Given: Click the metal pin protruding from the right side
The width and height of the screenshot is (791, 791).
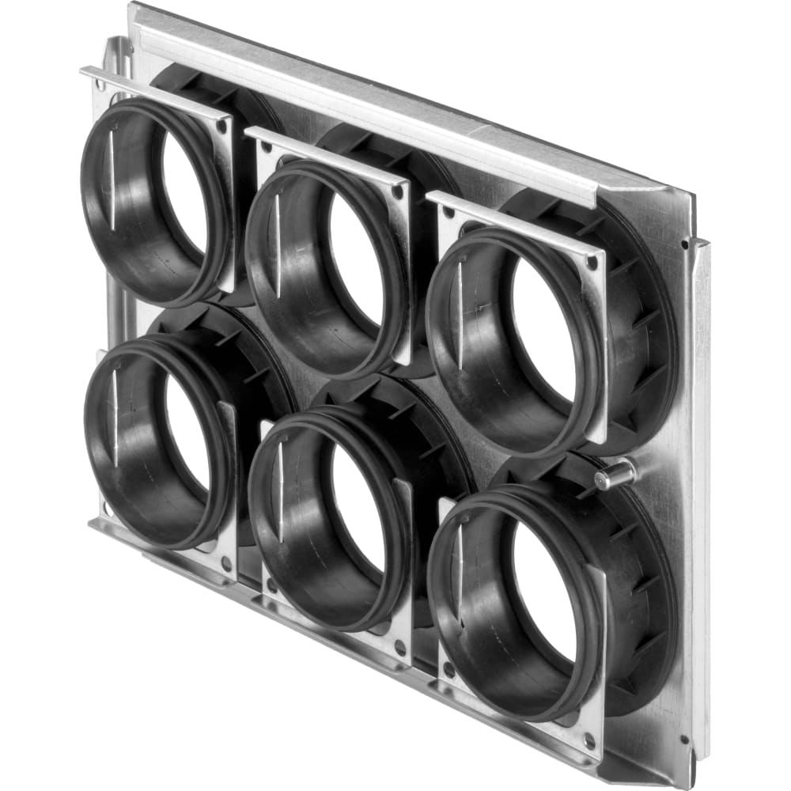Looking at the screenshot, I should (x=615, y=475).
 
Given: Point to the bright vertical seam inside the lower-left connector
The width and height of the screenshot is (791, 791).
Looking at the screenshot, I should (x=115, y=415).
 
